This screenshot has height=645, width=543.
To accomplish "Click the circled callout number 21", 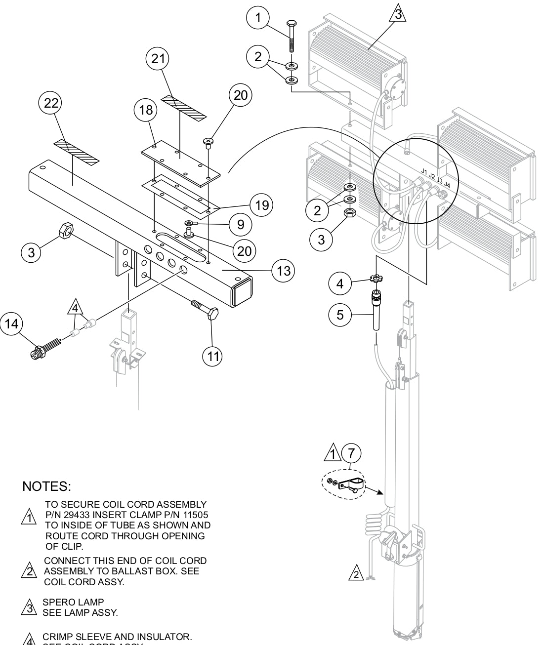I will (x=158, y=59).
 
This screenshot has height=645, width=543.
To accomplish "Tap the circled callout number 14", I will (x=11, y=324).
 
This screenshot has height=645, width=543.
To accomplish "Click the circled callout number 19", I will (x=262, y=204).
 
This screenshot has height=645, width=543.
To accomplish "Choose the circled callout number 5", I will (x=340, y=315).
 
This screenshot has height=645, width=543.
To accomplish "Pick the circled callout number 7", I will (x=351, y=452).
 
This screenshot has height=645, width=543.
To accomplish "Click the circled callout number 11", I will (x=212, y=356).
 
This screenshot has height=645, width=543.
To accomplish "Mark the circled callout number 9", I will (x=240, y=225).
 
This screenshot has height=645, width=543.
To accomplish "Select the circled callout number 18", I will (x=146, y=110).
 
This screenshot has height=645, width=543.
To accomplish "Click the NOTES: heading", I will (x=47, y=486).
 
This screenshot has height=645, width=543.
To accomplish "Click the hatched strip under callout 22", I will (x=76, y=152).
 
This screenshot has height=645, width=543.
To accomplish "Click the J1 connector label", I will (x=424, y=171).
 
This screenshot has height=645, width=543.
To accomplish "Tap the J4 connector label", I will (x=447, y=185).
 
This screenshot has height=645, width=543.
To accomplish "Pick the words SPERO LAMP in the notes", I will (x=73, y=602).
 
